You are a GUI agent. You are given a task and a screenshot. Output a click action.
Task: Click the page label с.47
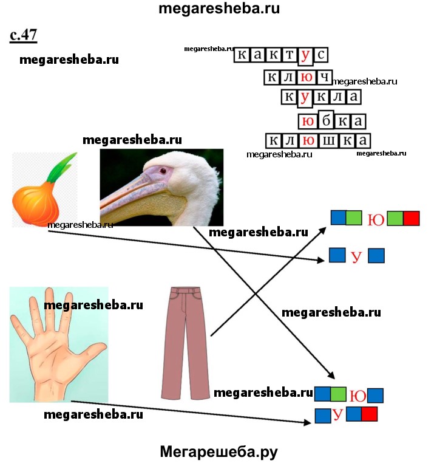[x=24, y=35]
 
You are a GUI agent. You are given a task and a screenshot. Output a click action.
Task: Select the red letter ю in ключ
[x=308, y=77]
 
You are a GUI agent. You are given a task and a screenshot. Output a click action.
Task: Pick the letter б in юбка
[x=325, y=120]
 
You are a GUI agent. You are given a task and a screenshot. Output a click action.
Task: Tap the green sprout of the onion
[x=63, y=165]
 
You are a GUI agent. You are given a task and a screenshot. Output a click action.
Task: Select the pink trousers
[x=185, y=340]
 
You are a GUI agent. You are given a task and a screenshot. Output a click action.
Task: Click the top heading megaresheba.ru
[x=218, y=9]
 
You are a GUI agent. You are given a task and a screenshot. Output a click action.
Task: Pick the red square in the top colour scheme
[x=412, y=218]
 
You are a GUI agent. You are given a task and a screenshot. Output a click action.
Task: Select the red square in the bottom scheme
[x=369, y=415]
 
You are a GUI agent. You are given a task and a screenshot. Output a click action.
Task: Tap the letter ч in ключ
[x=325, y=77]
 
